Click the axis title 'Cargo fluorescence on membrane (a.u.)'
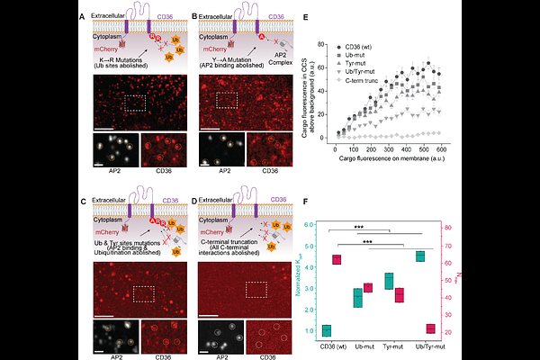[x=415, y=159]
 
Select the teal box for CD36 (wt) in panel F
[x=326, y=330]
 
